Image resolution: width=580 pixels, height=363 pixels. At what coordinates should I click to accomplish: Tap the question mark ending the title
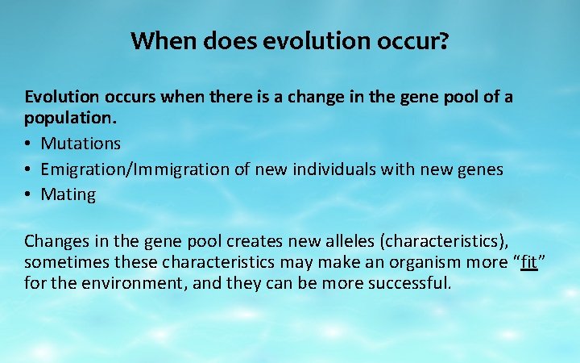pyautogui.click(x=442, y=40)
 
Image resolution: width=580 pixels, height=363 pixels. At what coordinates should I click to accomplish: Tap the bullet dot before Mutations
pyautogui.click(x=29, y=144)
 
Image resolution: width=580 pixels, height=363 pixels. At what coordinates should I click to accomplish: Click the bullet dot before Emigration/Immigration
pyautogui.click(x=29, y=169)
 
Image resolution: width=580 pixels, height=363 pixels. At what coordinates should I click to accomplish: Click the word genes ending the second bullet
pyautogui.click(x=478, y=169)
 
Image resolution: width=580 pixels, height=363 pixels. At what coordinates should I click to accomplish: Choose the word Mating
pyautogui.click(x=68, y=194)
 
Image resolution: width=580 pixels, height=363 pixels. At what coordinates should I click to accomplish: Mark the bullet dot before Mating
pyautogui.click(x=29, y=194)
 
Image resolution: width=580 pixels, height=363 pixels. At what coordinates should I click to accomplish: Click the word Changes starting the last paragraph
pyautogui.click(x=55, y=241)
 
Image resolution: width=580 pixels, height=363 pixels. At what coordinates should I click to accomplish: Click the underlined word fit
pyautogui.click(x=528, y=262)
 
